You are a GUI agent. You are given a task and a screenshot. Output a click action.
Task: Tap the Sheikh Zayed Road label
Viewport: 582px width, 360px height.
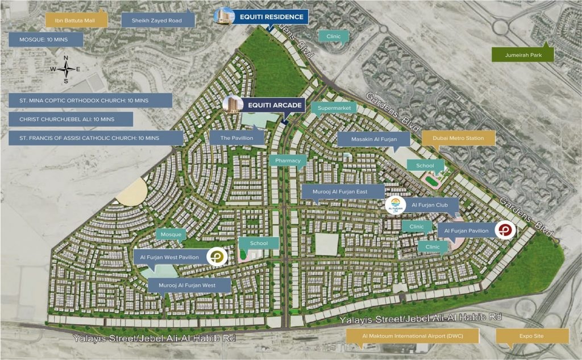(x=157, y=20)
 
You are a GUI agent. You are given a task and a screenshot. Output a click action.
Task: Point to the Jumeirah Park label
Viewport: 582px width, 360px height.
(x=523, y=55)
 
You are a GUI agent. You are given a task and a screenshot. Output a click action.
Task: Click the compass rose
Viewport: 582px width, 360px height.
(x=66, y=69)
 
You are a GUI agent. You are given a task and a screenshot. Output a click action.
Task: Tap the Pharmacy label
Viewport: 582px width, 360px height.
(x=288, y=161)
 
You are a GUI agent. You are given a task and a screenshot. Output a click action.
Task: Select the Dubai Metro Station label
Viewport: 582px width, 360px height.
(x=459, y=138)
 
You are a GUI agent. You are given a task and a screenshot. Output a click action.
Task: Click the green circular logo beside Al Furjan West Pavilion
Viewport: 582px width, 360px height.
(x=217, y=257)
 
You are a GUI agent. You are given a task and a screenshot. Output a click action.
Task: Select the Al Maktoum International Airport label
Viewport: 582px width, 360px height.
(x=413, y=336)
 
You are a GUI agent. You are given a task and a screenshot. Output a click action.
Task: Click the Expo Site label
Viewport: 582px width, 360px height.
(x=531, y=336)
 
